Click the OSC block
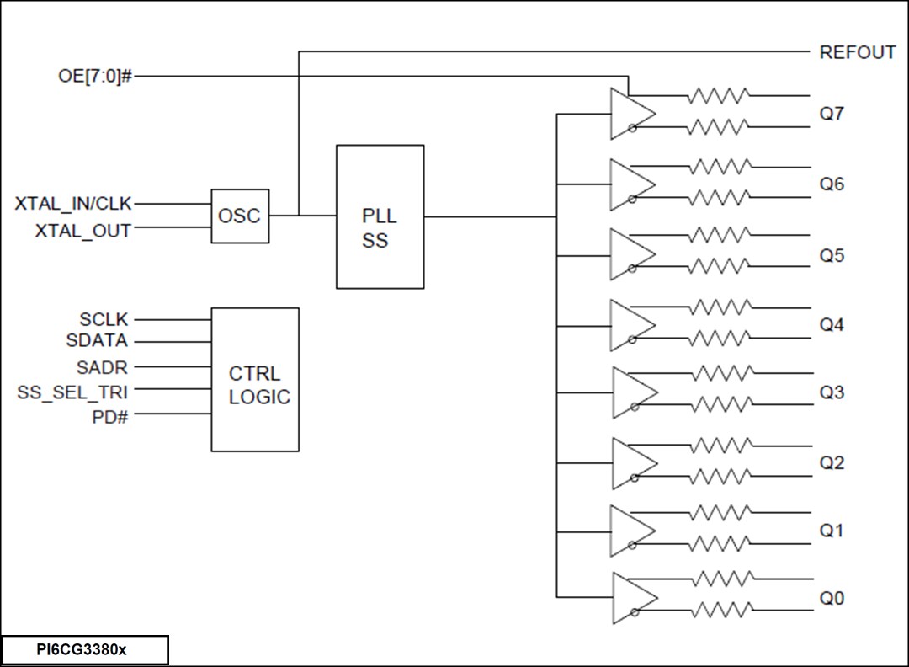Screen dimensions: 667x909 tap(240, 216)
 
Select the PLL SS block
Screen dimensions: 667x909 tap(380, 216)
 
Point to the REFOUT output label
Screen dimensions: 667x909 tap(857, 52)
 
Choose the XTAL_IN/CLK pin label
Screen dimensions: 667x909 tap(73, 204)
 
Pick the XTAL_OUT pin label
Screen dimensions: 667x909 tap(83, 230)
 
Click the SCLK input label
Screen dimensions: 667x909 tap(104, 320)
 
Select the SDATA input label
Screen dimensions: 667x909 tap(97, 341)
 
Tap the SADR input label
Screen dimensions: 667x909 tap(102, 367)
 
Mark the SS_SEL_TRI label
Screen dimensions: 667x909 tap(72, 392)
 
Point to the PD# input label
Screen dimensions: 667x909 tap(109, 416)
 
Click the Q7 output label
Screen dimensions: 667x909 tap(832, 114)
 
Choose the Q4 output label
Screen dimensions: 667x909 tap(832, 324)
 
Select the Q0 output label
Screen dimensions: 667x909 tap(832, 599)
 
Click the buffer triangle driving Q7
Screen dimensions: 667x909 tap(630, 114)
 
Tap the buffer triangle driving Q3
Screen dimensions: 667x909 tap(631, 392)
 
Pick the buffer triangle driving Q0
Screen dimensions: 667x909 tap(631, 599)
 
